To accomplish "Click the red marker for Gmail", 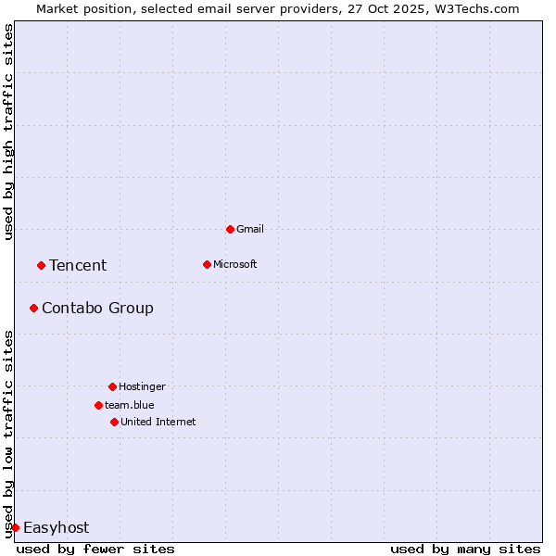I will click(x=230, y=229).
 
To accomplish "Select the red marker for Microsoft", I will click(x=207, y=264).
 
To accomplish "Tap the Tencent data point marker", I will click(x=41, y=265).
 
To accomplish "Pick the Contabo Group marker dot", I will click(x=33, y=308).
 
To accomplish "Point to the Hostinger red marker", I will click(x=112, y=386).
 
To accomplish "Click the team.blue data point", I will click(x=98, y=405).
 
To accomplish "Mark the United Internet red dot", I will click(x=114, y=422).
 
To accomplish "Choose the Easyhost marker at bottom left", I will click(x=15, y=527).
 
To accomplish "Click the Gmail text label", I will click(x=250, y=229).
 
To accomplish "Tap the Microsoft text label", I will click(x=235, y=264).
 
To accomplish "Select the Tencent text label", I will click(x=78, y=265).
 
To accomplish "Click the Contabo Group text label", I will click(x=97, y=308).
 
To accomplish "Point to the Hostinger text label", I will click(x=142, y=386).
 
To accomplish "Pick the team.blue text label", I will click(x=130, y=405).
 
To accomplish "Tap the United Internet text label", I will click(x=158, y=422).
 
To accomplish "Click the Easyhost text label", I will click(x=56, y=527).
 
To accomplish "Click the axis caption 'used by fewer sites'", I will click(x=95, y=549).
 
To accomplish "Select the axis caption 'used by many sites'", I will click(x=465, y=549).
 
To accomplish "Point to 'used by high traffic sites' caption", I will click(x=8, y=132).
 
